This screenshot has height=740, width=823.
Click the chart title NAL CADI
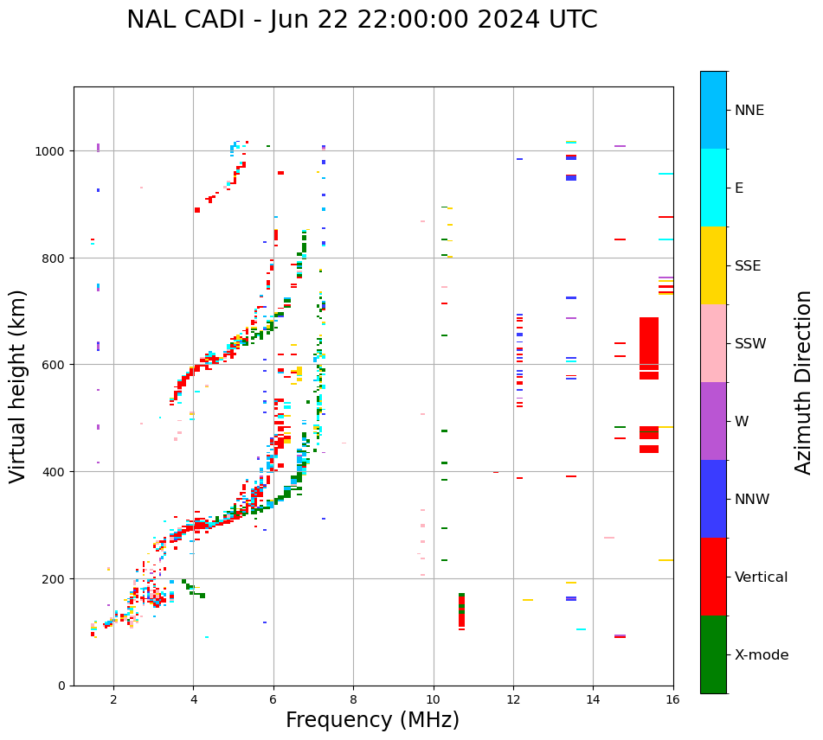click(x=362, y=20)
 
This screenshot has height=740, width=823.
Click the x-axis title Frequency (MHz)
click(x=372, y=720)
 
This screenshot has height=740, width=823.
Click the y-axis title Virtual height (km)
click(x=18, y=386)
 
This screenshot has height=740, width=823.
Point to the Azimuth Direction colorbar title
click(x=803, y=382)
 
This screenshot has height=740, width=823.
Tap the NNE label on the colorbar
click(x=749, y=110)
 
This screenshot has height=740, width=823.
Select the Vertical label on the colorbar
click(x=761, y=577)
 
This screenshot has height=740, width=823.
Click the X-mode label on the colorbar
click(x=762, y=654)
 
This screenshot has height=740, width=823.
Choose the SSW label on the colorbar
click(x=750, y=343)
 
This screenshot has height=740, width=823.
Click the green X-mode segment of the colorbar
click(x=713, y=654)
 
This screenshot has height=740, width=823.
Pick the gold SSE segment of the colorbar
click(x=713, y=265)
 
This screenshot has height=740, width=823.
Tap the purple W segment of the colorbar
click(x=713, y=421)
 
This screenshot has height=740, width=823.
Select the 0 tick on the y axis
click(x=62, y=686)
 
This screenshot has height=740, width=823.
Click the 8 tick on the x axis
click(x=353, y=699)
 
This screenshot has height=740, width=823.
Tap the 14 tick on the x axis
click(x=593, y=699)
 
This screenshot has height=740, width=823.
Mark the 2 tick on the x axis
click(x=113, y=699)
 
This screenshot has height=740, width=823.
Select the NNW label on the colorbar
click(x=752, y=499)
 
